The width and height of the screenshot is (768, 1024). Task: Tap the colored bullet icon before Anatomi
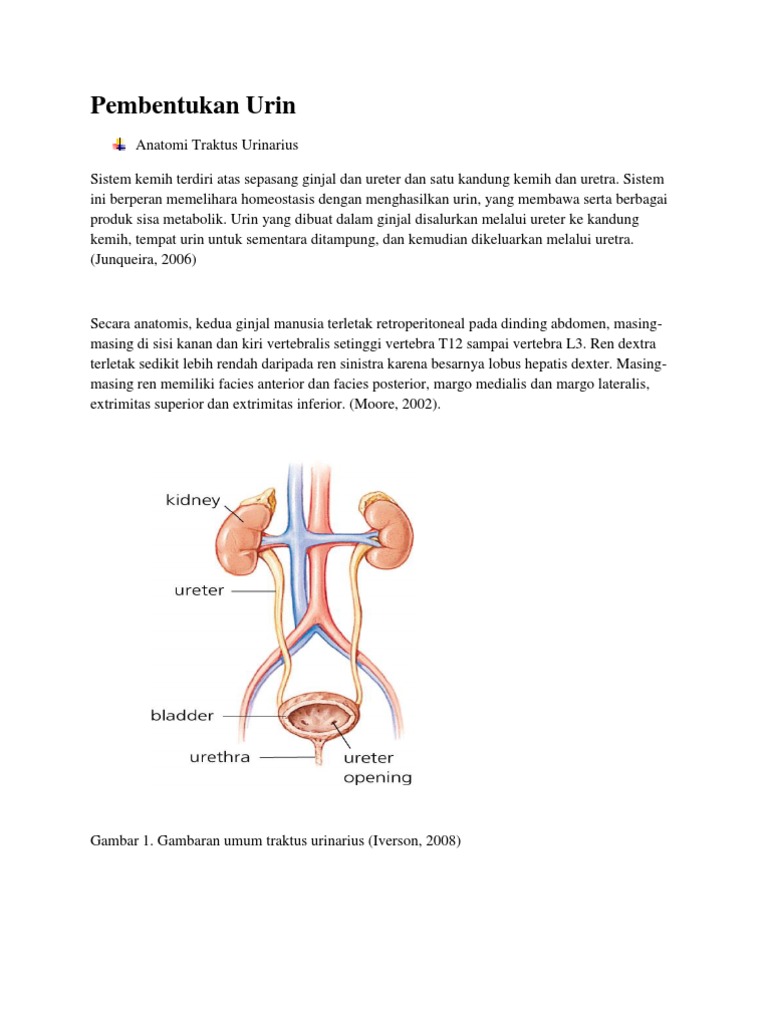pos(119,145)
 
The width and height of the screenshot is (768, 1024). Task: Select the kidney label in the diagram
pos(192,500)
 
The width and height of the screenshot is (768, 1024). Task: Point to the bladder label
pos(182,716)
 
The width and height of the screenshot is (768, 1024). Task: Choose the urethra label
pos(220,757)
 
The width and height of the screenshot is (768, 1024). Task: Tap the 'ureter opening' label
pos(377,767)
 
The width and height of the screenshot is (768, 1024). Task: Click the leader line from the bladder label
pos(249,716)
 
